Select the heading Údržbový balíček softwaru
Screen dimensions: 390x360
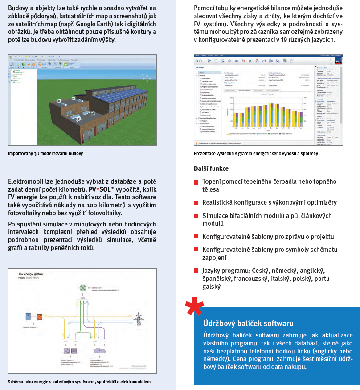pos(248,323)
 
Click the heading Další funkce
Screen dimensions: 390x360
pos(211,168)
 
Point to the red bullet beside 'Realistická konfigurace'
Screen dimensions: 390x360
pos(196,202)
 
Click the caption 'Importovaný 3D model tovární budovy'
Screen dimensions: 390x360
pos(45,153)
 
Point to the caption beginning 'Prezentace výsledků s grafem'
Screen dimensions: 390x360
pos(256,153)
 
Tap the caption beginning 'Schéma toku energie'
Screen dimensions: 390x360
pos(79,382)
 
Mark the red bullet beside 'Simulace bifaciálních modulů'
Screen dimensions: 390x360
pos(196,216)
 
